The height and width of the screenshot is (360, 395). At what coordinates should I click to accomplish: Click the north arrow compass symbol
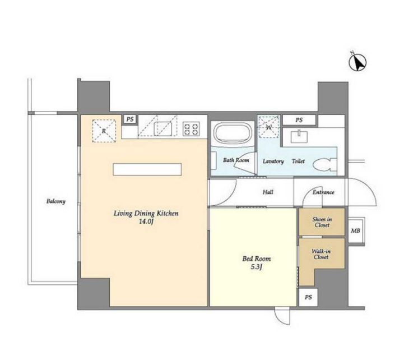[357, 62]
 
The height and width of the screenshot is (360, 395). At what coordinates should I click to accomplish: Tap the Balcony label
[56, 201]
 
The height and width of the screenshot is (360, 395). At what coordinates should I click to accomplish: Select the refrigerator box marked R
[104, 131]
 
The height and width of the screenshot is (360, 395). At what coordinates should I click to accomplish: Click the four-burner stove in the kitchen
[192, 129]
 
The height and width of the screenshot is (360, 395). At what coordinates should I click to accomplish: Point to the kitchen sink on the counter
[163, 128]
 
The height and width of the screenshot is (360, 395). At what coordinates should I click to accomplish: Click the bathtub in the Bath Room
[233, 134]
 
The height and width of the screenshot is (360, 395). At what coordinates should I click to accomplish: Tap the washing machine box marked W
[269, 127]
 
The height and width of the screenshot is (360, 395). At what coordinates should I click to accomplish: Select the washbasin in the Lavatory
[299, 137]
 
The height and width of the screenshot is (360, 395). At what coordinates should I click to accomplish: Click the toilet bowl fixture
[325, 164]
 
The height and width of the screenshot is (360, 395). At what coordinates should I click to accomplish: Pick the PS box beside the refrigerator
[130, 119]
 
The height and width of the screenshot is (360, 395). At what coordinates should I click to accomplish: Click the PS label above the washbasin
[299, 120]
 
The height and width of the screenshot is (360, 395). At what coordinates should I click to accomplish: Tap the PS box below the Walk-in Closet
[308, 298]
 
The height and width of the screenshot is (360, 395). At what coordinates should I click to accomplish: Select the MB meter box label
[355, 230]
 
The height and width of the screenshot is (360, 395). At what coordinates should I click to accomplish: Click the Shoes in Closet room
[322, 222]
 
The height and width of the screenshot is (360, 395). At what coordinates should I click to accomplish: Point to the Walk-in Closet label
[321, 254]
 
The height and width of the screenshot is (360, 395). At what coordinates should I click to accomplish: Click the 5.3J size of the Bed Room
[257, 267]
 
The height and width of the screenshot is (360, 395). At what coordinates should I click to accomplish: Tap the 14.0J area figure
[146, 222]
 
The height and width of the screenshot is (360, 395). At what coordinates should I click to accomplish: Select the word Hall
[268, 192]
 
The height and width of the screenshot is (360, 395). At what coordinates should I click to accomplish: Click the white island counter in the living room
[147, 169]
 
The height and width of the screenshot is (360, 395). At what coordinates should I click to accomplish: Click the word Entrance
[323, 192]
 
